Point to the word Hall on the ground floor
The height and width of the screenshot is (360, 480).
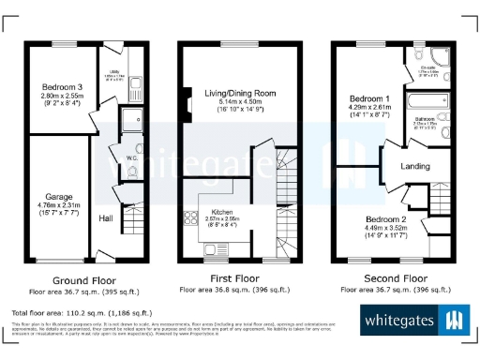(108, 218)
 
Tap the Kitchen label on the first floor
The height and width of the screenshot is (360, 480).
(223, 213)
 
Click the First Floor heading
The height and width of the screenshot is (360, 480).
(234, 279)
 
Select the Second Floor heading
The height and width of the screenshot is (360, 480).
(384, 279)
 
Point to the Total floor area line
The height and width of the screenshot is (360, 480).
(71, 311)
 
